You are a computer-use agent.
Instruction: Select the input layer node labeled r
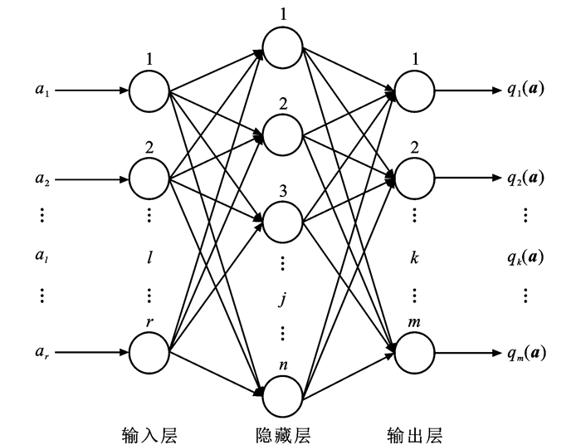[149, 351]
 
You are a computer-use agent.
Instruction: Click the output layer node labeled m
[415, 351]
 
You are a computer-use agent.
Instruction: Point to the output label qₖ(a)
[525, 257]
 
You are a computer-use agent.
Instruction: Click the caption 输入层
[149, 433]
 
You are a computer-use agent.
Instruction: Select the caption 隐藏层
[282, 433]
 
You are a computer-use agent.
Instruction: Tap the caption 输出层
[415, 433]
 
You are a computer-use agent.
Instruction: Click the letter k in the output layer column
[414, 257]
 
